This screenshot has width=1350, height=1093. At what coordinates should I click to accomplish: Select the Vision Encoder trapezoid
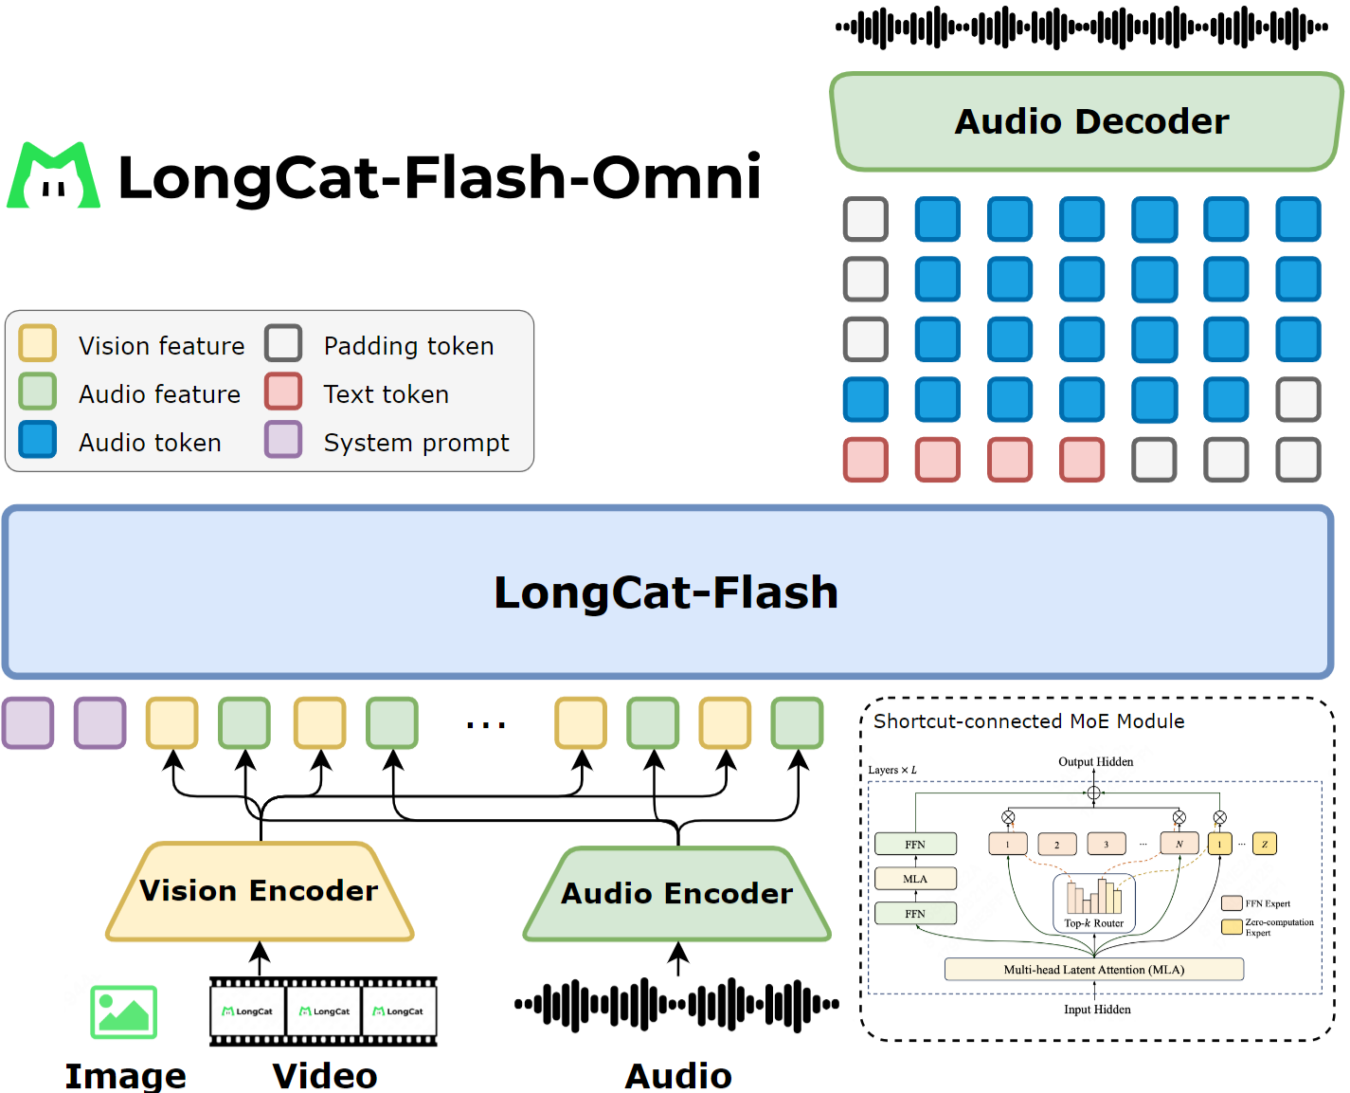(260, 891)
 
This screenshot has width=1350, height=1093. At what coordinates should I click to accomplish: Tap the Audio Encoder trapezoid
(676, 894)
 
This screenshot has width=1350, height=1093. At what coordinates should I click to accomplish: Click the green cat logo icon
(54, 176)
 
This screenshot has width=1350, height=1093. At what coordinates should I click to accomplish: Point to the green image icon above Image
(123, 1011)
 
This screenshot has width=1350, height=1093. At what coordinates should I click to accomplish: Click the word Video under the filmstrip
(325, 1076)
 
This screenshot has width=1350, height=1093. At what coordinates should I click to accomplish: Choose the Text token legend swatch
(283, 392)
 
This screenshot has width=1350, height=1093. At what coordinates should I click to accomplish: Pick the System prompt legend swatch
(283, 440)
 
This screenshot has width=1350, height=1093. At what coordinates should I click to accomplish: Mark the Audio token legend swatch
(38, 440)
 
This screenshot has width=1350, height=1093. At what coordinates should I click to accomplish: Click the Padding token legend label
(408, 346)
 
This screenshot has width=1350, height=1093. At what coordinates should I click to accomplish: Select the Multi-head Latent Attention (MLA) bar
(1094, 970)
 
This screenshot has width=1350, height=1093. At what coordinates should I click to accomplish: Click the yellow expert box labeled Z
(1265, 844)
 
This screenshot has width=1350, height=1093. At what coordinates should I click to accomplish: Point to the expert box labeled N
(1179, 844)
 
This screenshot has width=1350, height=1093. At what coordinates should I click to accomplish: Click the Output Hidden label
(1095, 762)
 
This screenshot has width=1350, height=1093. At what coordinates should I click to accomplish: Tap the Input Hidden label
(1097, 1010)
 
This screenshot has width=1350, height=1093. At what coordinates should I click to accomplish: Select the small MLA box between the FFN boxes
(915, 879)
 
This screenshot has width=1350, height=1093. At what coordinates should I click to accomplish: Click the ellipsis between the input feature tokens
(486, 725)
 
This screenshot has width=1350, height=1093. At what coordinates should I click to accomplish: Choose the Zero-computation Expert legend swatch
(1232, 927)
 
